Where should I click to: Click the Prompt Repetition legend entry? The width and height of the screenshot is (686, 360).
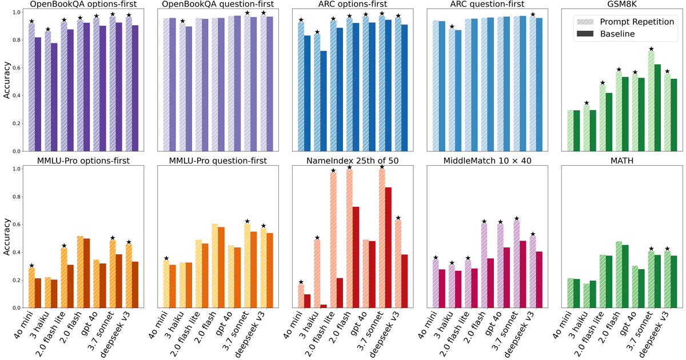625,22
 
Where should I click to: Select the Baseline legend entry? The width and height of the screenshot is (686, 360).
606,34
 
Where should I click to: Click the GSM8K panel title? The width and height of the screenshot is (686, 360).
622,4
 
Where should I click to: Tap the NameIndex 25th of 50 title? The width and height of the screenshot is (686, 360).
353,161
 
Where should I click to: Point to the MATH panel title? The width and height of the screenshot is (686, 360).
622,161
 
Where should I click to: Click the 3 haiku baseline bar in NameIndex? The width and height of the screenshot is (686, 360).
324,306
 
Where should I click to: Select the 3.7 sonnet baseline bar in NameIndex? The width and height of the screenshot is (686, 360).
388,247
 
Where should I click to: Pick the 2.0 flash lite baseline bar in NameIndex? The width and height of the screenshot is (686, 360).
340,293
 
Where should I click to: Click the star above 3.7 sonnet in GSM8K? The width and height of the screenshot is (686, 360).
651,49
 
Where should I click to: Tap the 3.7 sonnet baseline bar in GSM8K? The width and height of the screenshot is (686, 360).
657,108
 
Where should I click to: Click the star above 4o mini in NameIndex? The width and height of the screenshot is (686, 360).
301,282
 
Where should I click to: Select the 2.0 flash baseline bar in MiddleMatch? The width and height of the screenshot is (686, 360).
490,283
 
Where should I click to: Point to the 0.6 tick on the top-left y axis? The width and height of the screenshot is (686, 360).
16,67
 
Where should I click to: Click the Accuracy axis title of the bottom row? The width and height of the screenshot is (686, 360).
7,237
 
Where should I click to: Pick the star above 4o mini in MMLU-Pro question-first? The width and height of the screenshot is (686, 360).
166,258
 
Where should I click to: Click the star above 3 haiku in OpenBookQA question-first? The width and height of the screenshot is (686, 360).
182,21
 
